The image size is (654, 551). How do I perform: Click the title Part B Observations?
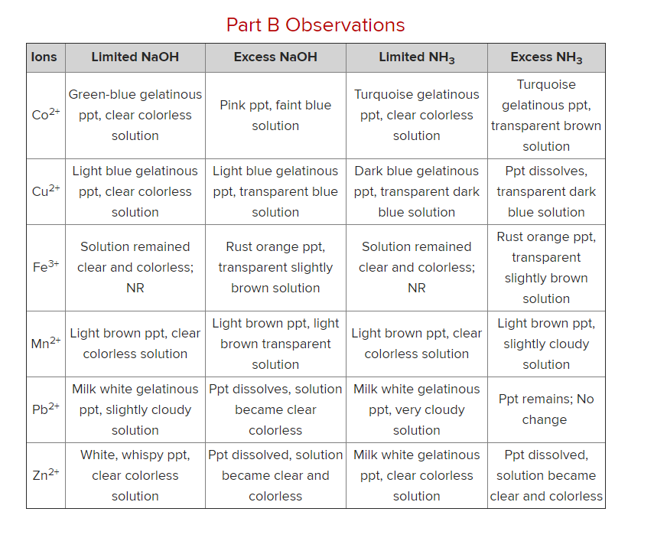pyautogui.click(x=315, y=25)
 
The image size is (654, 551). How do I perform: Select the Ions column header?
pyautogui.click(x=44, y=57)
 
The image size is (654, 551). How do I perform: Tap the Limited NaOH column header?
pyautogui.click(x=135, y=57)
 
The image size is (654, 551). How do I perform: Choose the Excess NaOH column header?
pyautogui.click(x=275, y=57)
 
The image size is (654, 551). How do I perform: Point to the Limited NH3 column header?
pyautogui.click(x=416, y=57)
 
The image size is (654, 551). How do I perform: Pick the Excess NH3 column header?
pyautogui.click(x=546, y=58)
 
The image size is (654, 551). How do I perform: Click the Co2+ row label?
pyautogui.click(x=45, y=115)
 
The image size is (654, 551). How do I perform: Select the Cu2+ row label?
pyautogui.click(x=45, y=191)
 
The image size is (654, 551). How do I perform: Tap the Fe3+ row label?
pyautogui.click(x=45, y=267)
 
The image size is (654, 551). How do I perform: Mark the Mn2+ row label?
pyautogui.click(x=45, y=343)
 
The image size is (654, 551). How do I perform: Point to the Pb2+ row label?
pyautogui.click(x=45, y=409)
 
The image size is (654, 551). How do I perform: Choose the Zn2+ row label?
pyautogui.click(x=45, y=474)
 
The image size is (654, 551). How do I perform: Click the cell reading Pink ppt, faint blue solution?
pyautogui.click(x=275, y=116)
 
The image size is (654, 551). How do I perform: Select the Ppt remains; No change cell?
pyautogui.click(x=546, y=409)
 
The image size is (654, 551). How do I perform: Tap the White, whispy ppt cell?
pyautogui.click(x=135, y=475)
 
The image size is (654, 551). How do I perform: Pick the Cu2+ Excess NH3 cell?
pyautogui.click(x=546, y=191)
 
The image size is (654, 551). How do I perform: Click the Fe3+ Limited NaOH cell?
pyautogui.click(x=135, y=267)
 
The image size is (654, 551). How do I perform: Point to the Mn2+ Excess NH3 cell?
pyautogui.click(x=546, y=344)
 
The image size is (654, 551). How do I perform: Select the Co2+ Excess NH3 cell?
pyautogui.click(x=546, y=116)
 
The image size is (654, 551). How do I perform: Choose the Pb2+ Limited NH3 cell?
pyautogui.click(x=416, y=409)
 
